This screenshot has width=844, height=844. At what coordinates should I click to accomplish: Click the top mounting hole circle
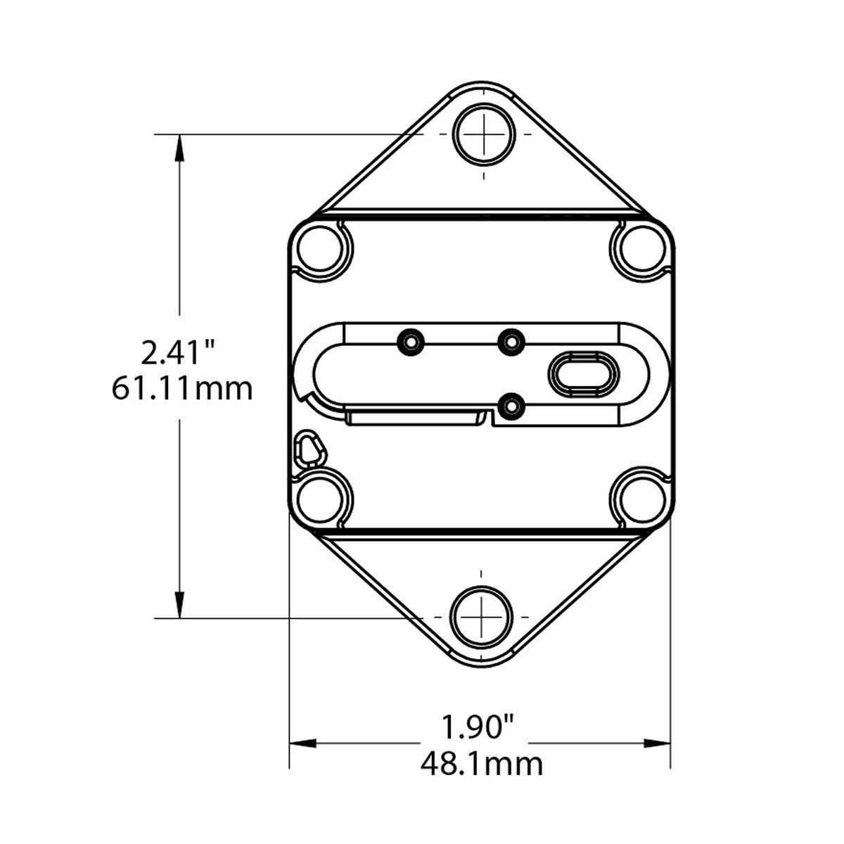[483, 134]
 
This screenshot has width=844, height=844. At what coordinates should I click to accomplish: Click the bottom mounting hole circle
[481, 617]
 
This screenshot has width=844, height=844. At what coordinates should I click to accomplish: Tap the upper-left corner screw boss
[320, 249]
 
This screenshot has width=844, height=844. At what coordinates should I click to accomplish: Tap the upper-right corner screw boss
[642, 249]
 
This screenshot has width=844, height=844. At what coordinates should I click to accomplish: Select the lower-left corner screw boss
[320, 500]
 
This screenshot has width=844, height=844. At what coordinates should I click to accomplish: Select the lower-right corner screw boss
[642, 500]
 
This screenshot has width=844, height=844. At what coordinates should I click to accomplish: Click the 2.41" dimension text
[177, 354]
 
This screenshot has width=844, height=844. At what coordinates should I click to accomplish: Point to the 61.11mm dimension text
[182, 389]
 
